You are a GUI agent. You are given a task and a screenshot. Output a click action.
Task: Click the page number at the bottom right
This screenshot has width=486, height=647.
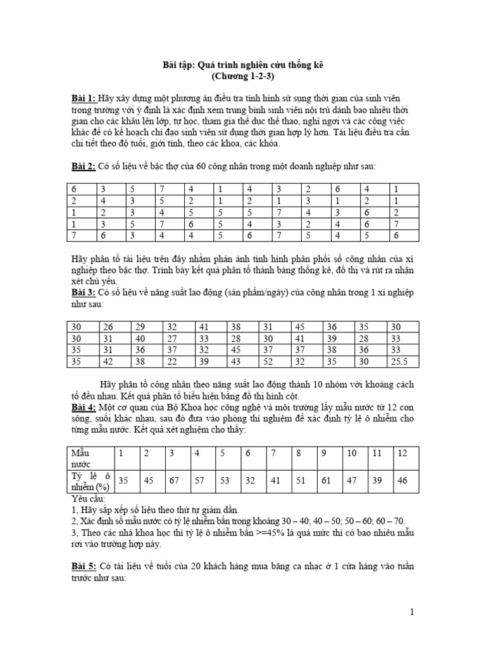411,612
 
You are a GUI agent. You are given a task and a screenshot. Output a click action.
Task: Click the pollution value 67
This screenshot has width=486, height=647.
171,481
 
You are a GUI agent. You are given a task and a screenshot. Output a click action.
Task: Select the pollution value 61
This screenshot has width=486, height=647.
327,481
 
